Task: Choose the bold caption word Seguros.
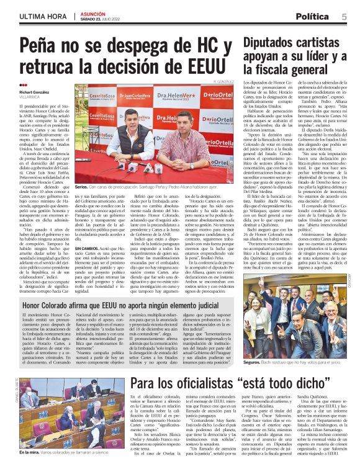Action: [252, 361]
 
